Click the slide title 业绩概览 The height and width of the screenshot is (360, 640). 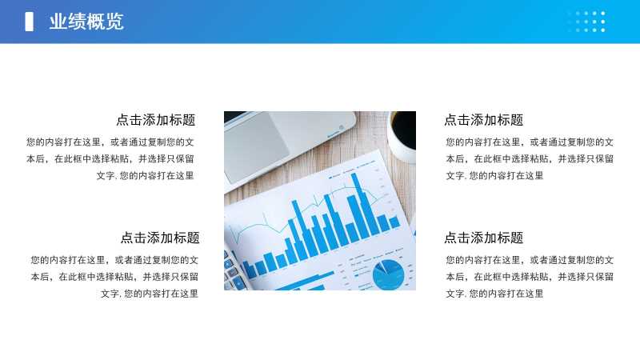pyautogui.click(x=86, y=22)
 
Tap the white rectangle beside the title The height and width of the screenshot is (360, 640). pyautogui.click(x=29, y=22)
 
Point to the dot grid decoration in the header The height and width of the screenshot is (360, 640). pyautogui.click(x=586, y=22)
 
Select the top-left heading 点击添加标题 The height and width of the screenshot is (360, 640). pyautogui.click(x=155, y=120)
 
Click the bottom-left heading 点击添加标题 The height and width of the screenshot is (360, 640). pyautogui.click(x=160, y=238)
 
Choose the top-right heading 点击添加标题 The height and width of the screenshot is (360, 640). pyautogui.click(x=484, y=120)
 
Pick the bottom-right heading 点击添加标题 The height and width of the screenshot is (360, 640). pyautogui.click(x=484, y=238)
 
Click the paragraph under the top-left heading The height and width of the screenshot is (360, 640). pyautogui.click(x=110, y=158)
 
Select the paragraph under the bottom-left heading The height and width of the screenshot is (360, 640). pyautogui.click(x=114, y=277)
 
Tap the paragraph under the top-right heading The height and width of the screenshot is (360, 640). pyautogui.click(x=530, y=158)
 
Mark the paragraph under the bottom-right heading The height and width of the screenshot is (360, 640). pyautogui.click(x=530, y=277)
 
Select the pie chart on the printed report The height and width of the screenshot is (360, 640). pyautogui.click(x=388, y=274)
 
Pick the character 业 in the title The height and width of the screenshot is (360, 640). pyautogui.click(x=58, y=22)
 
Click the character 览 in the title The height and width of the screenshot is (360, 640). pyautogui.click(x=114, y=22)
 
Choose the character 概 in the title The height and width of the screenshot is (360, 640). pyautogui.click(x=95, y=22)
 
